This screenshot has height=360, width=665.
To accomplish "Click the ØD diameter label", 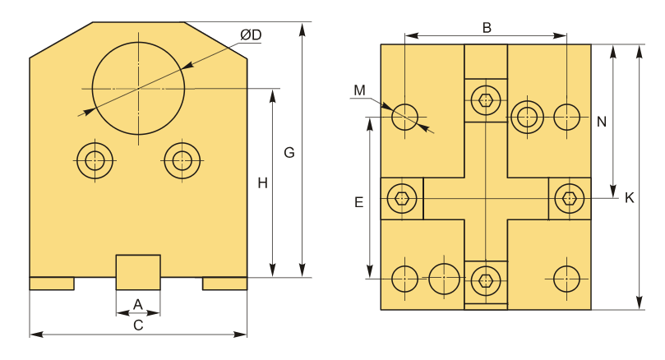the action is point(251,35).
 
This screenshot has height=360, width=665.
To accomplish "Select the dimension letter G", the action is point(289,152).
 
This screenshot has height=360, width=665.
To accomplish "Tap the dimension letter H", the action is point(262,183).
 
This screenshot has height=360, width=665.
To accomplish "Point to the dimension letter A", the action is point(138,304).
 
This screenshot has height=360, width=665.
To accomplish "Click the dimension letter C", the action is point(138,325).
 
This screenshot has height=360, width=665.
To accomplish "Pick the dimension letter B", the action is point(487,28).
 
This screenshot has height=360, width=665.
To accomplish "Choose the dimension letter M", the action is point(359,90).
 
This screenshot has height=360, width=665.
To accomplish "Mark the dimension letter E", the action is point(358,203).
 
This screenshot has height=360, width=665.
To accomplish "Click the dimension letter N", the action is point(602,122).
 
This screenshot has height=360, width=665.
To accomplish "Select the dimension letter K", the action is point(630,197).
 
